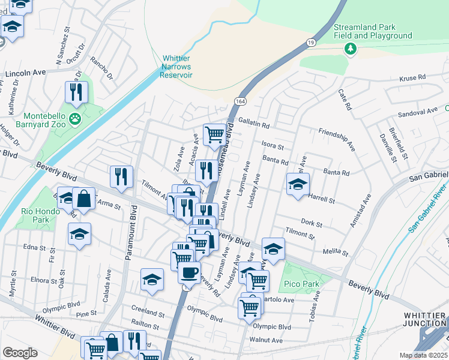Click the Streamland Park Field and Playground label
[x=373, y=31]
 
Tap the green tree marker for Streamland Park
[x=349, y=47]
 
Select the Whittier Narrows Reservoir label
[x=176, y=67]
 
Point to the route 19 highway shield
[x=310, y=43]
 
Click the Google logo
[x=20, y=353]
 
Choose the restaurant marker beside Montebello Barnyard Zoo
[x=77, y=92]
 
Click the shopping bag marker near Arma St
[x=83, y=199]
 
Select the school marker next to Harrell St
[x=298, y=185]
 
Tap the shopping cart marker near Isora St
[x=214, y=134]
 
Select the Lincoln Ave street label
[x=26, y=72]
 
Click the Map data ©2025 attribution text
[x=423, y=355]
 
